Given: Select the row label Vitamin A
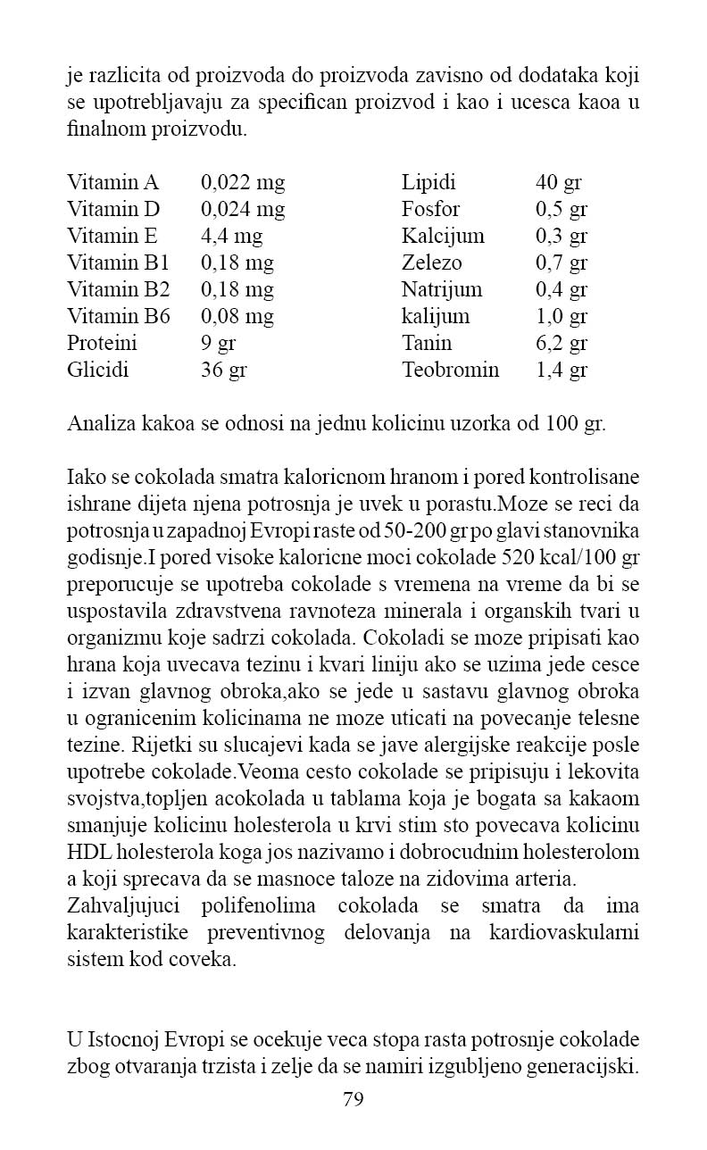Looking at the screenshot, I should click(112, 183).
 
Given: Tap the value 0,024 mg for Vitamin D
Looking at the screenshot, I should click(243, 210).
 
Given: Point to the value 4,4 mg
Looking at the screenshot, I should click(232, 237).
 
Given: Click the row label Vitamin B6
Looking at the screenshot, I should click(119, 316).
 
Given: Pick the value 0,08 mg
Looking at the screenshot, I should click(237, 316).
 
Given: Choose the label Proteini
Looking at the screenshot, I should click(103, 343).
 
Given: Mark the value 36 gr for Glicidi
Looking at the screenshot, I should click(223, 370).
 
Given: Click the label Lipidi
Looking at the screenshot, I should click(428, 183).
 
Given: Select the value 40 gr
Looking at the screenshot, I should click(559, 183).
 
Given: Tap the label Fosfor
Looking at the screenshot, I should click(431, 210).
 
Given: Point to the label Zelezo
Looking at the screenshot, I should click(432, 263).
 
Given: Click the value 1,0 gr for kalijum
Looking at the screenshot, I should click(561, 316).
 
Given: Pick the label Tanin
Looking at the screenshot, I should click(427, 343).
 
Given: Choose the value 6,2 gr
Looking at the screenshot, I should click(561, 343).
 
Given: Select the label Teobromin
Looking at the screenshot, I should click(451, 370).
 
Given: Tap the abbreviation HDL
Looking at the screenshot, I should click(87, 853).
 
